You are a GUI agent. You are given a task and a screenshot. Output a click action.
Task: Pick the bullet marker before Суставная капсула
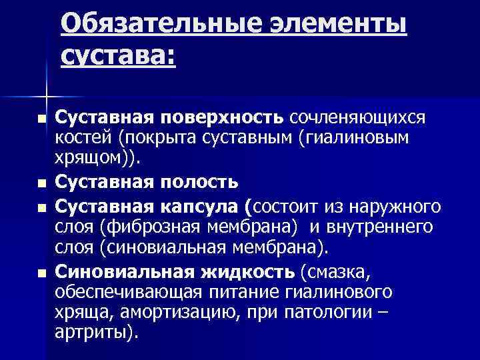coord(42,209)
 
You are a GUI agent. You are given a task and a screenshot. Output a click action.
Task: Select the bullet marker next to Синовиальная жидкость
coord(42,272)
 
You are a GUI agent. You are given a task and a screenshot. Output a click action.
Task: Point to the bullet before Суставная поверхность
coord(42,119)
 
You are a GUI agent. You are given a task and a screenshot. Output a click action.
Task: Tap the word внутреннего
coord(380,227)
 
